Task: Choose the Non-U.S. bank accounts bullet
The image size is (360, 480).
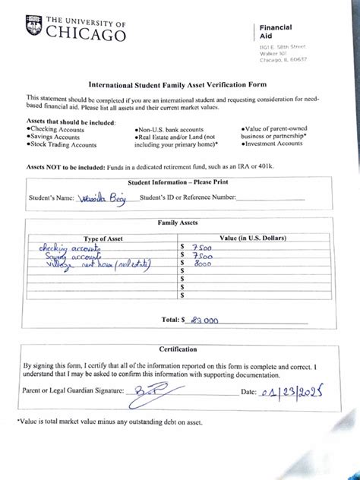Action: (x=172, y=130)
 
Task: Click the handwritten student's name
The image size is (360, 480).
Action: (x=106, y=197)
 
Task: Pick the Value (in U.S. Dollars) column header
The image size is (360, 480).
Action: (x=253, y=238)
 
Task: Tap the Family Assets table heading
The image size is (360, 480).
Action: (x=178, y=223)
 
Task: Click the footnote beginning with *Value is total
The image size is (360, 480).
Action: (x=110, y=422)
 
